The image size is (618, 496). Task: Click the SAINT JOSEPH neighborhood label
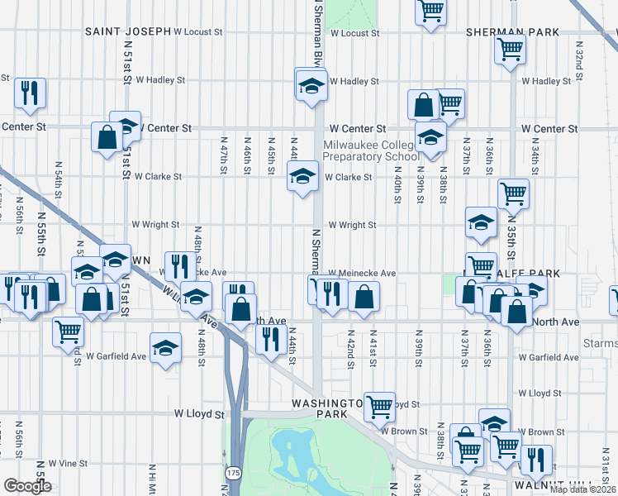127,31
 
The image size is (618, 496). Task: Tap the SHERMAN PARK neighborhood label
512,31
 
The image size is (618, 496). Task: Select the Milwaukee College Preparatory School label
371,150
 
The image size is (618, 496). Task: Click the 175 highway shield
234,472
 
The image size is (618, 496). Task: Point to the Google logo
27,486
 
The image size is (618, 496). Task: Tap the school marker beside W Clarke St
302,176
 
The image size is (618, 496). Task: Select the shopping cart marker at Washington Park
379,406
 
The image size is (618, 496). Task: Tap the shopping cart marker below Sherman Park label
510,48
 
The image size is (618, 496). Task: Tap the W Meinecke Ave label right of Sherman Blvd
362,273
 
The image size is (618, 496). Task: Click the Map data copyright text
582,489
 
